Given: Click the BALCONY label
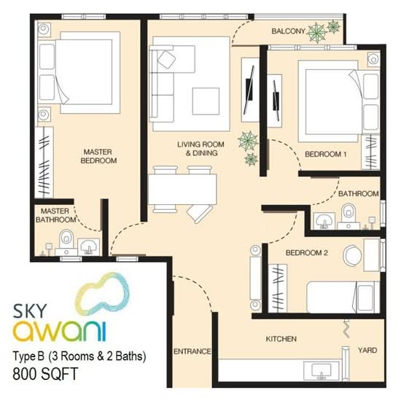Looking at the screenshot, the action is (288, 31).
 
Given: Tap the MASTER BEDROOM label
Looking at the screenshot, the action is (98, 156).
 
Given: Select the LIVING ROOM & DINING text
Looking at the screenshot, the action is (201, 149).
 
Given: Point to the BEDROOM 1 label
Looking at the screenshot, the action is (326, 155).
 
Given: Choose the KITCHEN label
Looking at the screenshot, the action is (281, 339).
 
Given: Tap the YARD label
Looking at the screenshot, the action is (367, 350).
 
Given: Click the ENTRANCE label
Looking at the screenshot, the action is (192, 351).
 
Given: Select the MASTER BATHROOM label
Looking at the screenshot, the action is (55, 215).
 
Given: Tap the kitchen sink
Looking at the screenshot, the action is (322, 371).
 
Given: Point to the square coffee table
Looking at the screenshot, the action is (206, 101).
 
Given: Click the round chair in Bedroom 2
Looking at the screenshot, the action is (352, 255).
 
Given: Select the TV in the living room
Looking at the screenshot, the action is (249, 90).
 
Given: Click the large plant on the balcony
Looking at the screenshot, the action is (316, 33).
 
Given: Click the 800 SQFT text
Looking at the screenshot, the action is (45, 373).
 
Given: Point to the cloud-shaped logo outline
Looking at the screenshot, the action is (104, 292).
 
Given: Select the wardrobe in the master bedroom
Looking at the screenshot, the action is (44, 163).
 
